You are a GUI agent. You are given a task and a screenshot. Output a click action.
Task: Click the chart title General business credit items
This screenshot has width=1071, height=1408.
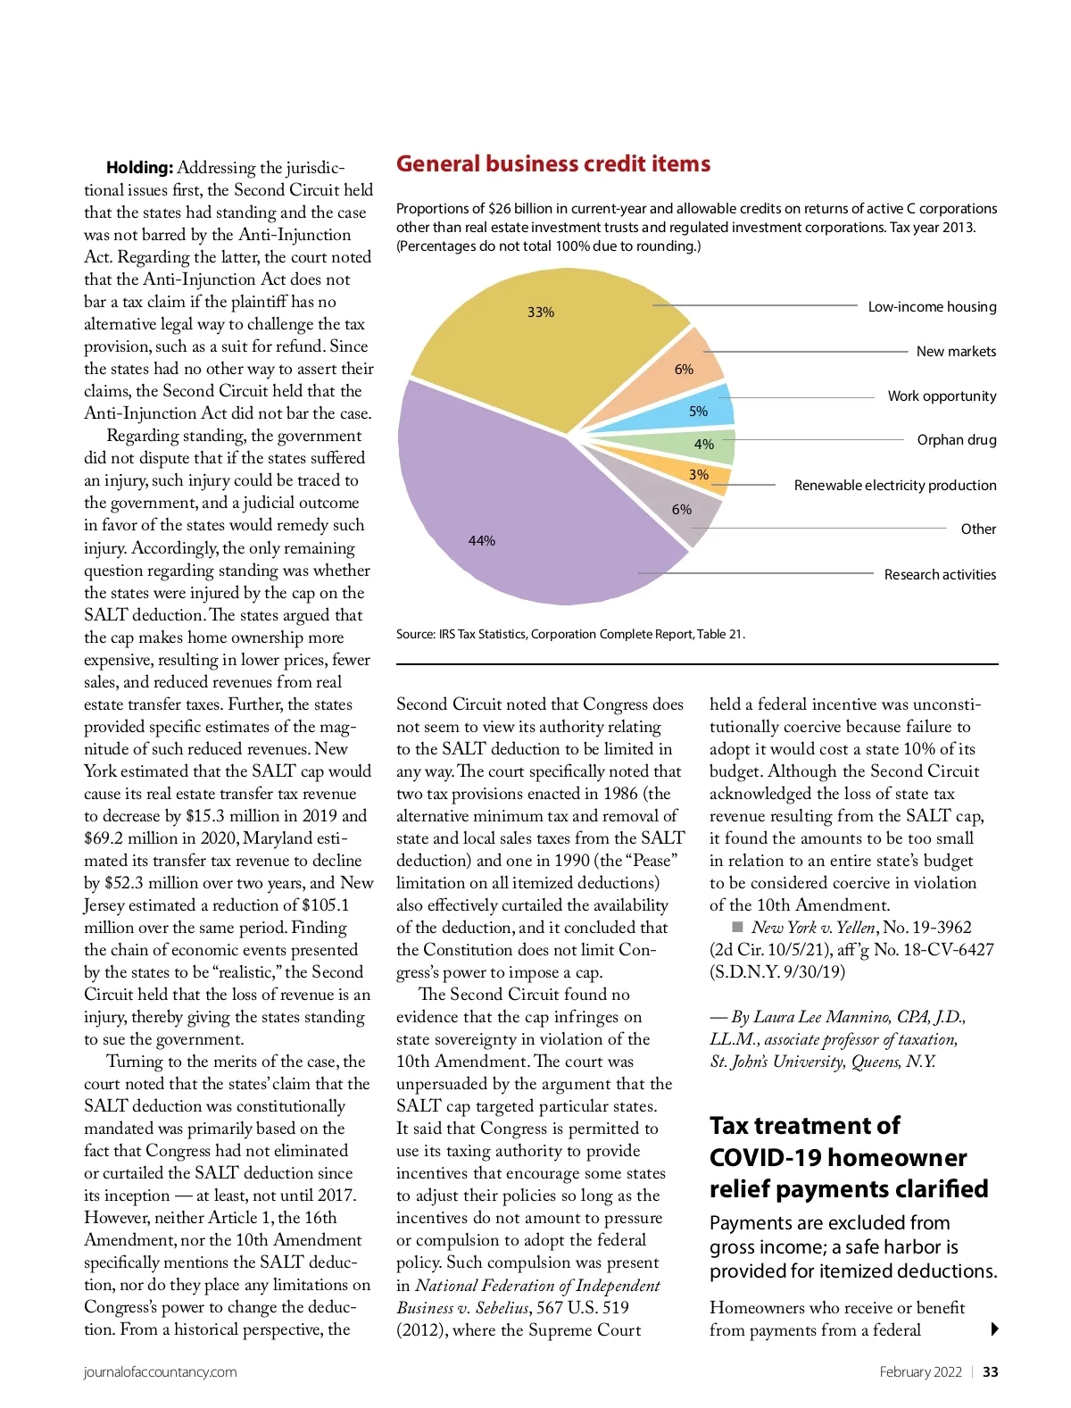coord(553,164)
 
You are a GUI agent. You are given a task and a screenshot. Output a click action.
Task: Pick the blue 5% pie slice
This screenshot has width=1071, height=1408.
coord(705,409)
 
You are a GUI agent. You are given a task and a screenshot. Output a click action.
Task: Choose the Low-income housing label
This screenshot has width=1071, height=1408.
coord(932,306)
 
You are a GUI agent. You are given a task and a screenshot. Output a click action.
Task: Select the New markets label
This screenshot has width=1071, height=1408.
coord(956,351)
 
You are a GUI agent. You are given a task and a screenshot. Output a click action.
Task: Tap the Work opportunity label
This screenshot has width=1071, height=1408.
coord(942,396)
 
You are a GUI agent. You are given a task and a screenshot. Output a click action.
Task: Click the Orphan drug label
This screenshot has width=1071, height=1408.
coord(957,439)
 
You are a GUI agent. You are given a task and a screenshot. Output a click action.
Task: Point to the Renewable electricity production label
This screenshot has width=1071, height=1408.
coord(895,485)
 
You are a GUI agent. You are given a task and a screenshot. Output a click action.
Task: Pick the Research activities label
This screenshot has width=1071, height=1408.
coord(940,574)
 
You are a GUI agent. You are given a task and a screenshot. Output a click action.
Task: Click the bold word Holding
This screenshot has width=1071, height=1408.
coord(139,168)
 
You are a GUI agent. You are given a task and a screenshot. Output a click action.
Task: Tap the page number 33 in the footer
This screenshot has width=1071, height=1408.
coord(991,1372)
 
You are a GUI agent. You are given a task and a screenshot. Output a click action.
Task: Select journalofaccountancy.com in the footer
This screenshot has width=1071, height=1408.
coord(161,1372)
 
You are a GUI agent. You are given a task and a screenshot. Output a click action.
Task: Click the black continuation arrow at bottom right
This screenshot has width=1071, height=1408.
coord(995,1329)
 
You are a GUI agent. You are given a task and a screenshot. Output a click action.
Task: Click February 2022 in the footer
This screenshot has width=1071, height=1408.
coord(920,1372)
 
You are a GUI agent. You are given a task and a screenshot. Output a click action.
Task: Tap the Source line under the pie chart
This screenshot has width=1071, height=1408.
coord(570,634)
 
